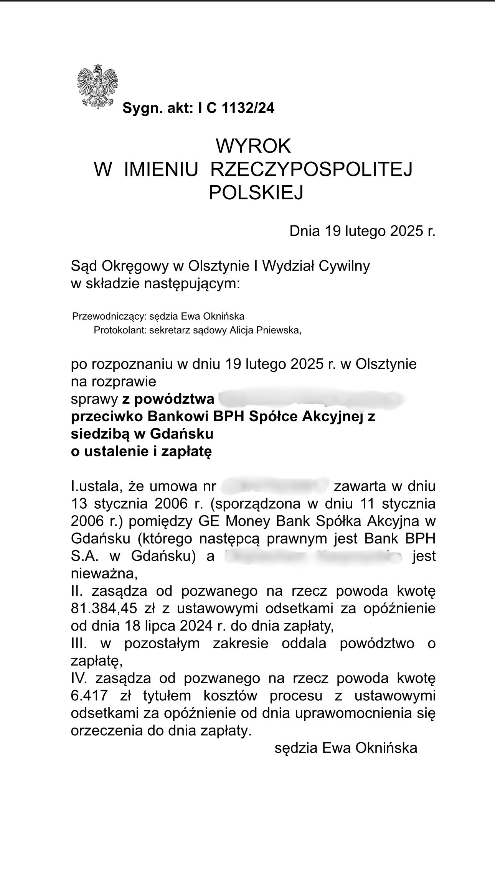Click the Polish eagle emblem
(97, 87)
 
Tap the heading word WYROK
(253, 146)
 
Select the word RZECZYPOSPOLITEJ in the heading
(311, 169)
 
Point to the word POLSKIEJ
(256, 192)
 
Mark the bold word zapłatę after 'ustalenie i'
(186, 452)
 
